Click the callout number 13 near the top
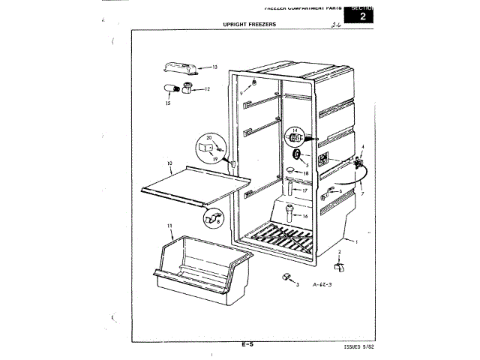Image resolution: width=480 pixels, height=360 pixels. [x=214, y=67]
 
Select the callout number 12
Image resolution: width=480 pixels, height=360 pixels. [x=207, y=89]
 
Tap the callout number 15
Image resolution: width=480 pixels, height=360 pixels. [x=168, y=103]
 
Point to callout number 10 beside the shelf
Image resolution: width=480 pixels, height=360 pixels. [x=169, y=163]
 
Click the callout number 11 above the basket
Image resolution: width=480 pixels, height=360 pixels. [x=169, y=226]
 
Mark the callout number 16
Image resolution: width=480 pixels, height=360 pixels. [x=304, y=215]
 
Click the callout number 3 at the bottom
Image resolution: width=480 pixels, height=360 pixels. [x=297, y=286]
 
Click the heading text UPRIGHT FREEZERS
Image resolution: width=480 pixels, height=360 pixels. [x=250, y=25]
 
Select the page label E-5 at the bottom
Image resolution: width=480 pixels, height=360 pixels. [x=247, y=344]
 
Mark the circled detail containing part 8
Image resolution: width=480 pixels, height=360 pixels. [x=212, y=218]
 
